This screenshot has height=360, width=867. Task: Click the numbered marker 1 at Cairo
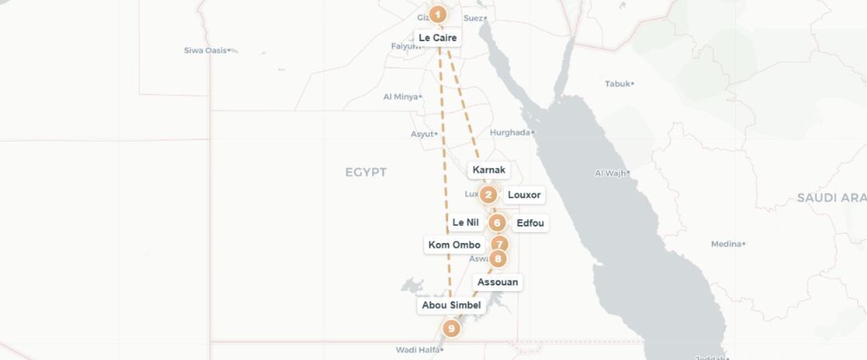[437, 14]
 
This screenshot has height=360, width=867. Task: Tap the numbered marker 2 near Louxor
[489, 194]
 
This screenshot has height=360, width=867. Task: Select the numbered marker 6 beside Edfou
[497, 223]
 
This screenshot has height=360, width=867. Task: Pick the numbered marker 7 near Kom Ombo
[499, 245]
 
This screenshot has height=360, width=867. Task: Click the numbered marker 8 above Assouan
[498, 258]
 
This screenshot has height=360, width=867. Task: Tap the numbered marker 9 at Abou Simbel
[451, 328]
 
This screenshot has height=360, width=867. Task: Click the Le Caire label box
[437, 38]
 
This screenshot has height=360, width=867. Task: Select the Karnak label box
[489, 170]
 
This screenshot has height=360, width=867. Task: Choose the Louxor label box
[525, 195]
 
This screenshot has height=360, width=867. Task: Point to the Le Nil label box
[465, 222]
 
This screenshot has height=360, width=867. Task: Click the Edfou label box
[530, 223]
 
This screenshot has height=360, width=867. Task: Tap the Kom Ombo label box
[454, 245]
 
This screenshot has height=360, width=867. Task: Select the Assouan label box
[497, 282]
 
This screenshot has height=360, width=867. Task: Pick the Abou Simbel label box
[451, 306]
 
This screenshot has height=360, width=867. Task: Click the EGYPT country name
[366, 172]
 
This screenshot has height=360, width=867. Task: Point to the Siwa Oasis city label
[206, 50]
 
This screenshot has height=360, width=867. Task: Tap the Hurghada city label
[509, 133]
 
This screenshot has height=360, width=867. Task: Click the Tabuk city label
[617, 83]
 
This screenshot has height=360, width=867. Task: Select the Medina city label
[725, 244]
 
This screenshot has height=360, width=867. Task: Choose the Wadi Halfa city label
[417, 350]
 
